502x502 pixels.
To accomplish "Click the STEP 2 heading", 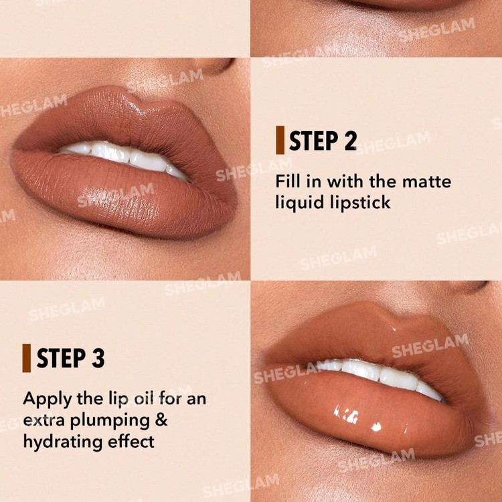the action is [x=323, y=141].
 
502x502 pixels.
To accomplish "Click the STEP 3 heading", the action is [x=70, y=358].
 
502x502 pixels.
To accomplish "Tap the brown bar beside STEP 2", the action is [x=280, y=140].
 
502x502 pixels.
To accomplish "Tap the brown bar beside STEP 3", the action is [x=27, y=358].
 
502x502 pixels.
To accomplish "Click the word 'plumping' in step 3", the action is [x=110, y=420].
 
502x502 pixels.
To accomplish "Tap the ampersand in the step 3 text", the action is [x=161, y=420].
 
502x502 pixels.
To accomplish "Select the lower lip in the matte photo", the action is [x=118, y=195].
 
